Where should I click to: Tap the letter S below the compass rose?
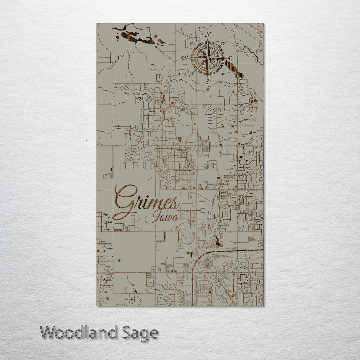click(207, 81)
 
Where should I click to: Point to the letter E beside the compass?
click(230, 58)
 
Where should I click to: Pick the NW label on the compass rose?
click(192, 43)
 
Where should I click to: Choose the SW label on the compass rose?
click(192, 73)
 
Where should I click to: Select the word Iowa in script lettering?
click(161, 217)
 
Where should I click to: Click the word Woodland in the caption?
click(79, 333)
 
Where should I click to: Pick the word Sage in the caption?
click(140, 333)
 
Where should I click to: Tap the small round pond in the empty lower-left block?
click(119, 260)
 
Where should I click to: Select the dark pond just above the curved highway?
click(219, 241)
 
